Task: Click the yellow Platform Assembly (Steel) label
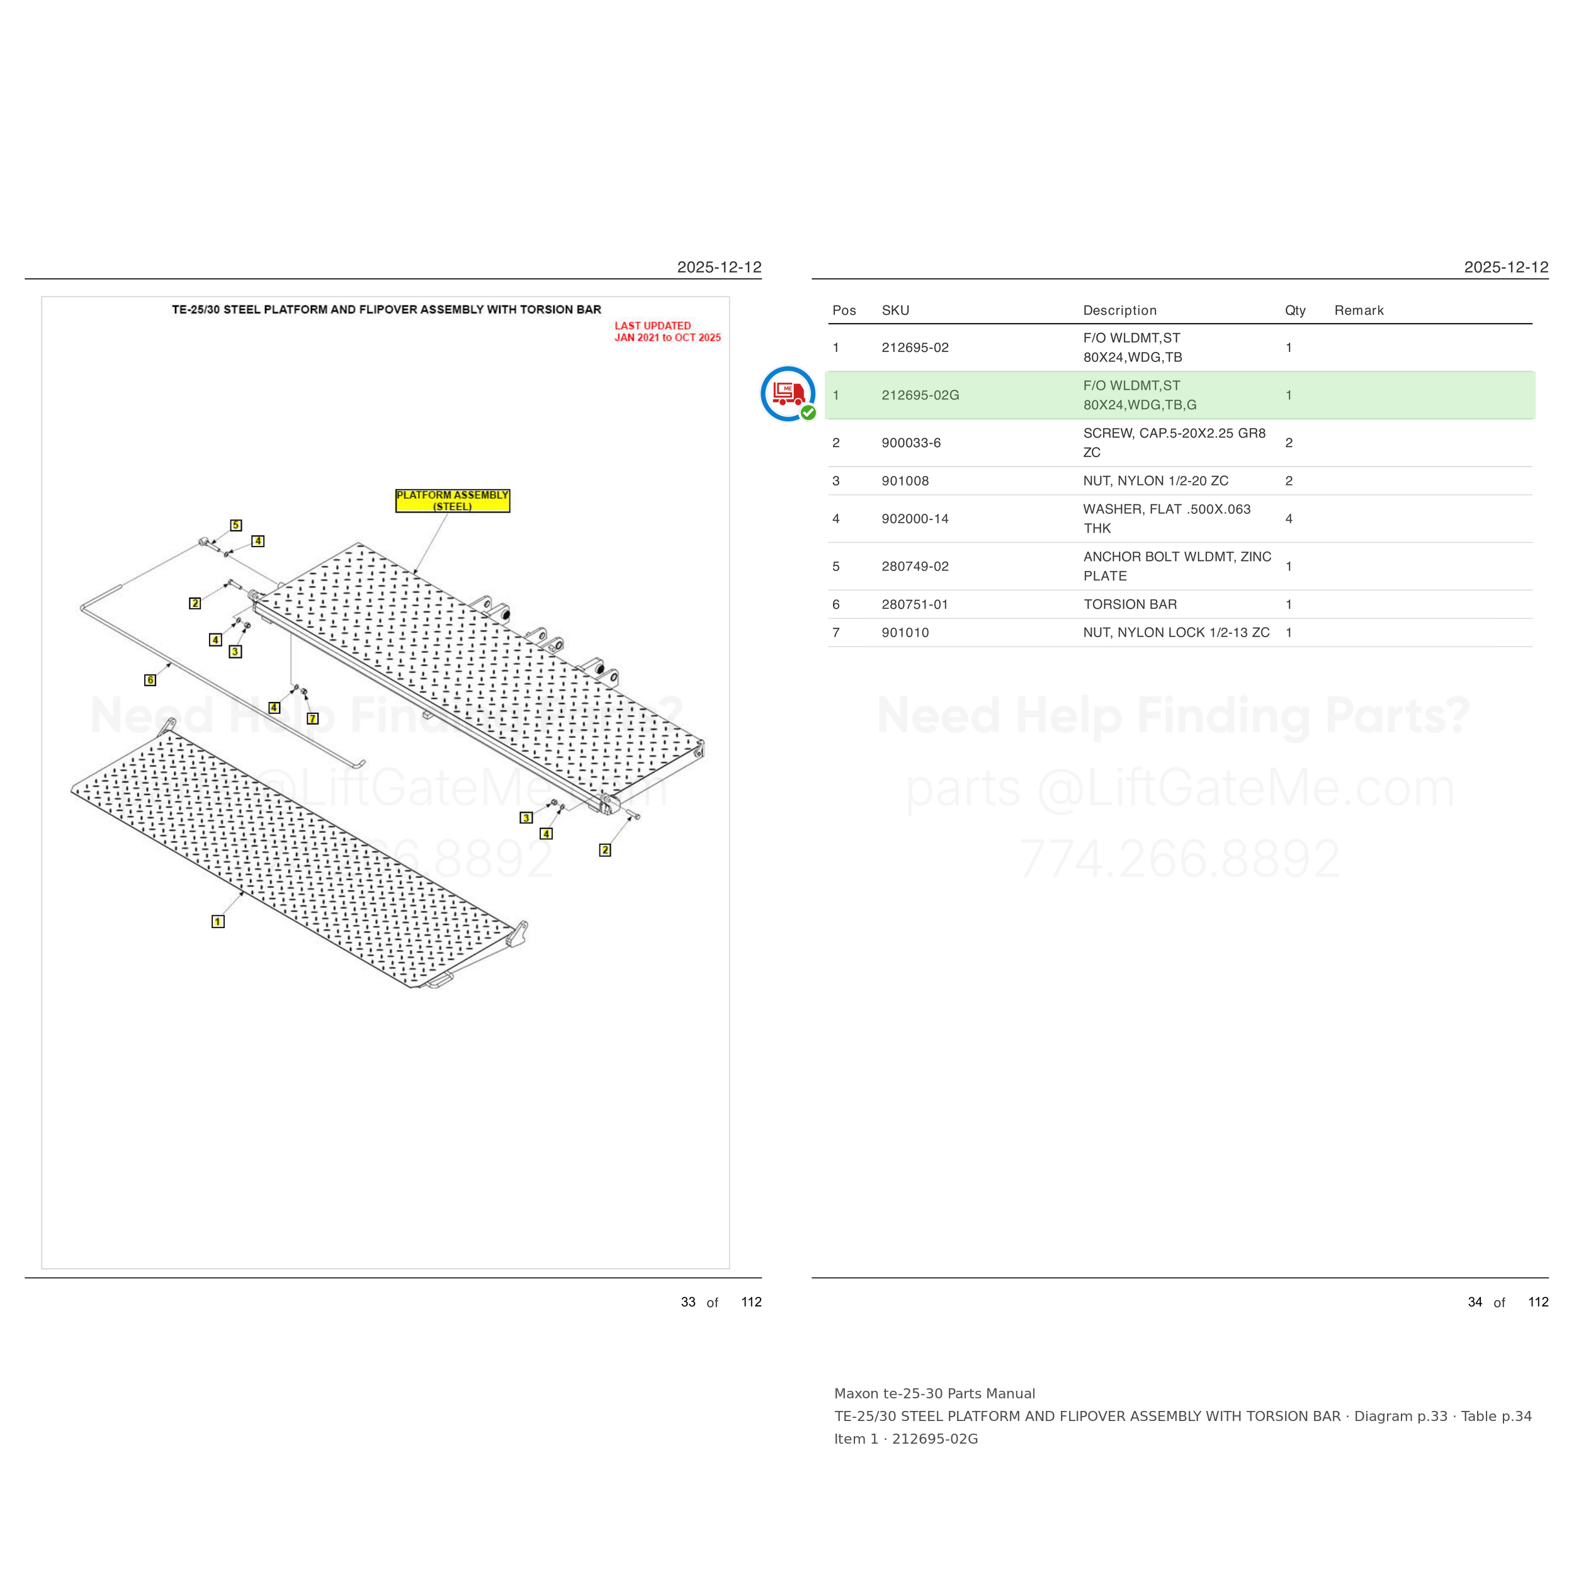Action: coord(452,501)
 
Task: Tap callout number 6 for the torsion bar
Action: coord(150,680)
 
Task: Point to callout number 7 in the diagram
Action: coord(313,718)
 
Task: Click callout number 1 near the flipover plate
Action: coord(217,922)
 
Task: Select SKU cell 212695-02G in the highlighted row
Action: coord(920,395)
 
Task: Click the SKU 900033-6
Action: coord(911,443)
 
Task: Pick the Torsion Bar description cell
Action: coord(1130,604)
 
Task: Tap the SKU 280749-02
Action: coord(915,566)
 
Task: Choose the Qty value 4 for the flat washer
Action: coord(1289,519)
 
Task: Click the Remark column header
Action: coord(1359,310)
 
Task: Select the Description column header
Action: coord(1119,310)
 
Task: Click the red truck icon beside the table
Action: coord(788,394)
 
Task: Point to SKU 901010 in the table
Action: coord(905,633)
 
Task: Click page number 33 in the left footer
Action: coord(688,1302)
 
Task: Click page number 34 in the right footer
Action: coord(1475,1302)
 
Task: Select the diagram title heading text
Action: coord(386,310)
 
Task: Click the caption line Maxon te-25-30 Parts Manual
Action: coord(934,1394)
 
